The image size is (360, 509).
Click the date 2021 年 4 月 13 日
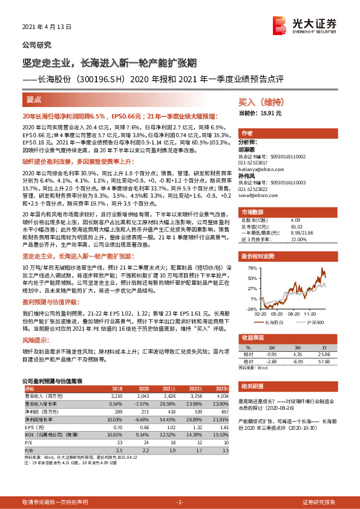pos(47,27)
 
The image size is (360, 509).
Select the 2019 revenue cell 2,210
pos(116,395)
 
